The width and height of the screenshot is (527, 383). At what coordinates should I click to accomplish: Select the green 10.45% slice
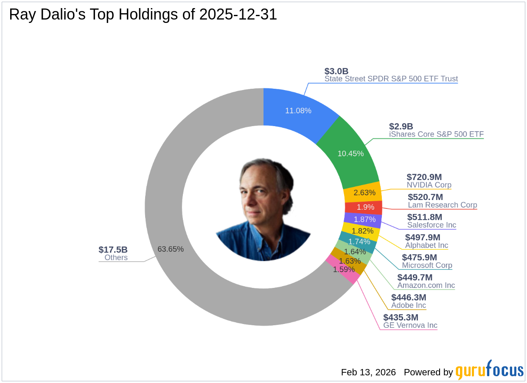pyautogui.click(x=350, y=153)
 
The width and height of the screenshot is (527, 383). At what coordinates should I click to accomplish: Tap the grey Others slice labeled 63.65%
pyautogui.click(x=171, y=249)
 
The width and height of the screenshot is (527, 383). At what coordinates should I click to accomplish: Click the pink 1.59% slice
pyautogui.click(x=344, y=269)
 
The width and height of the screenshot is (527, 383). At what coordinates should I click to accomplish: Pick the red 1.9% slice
pyautogui.click(x=365, y=207)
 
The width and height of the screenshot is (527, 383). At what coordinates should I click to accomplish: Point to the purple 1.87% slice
pyautogui.click(x=364, y=220)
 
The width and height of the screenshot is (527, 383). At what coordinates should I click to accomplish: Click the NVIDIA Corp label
pyautogui.click(x=429, y=185)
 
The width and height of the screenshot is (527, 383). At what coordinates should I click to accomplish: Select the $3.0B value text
pyautogui.click(x=336, y=71)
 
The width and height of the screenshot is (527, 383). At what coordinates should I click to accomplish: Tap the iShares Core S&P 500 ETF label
pyautogui.click(x=436, y=134)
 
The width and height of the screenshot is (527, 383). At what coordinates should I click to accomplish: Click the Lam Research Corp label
pyautogui.click(x=442, y=205)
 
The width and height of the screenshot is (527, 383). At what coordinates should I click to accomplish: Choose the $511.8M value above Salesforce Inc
pyautogui.click(x=425, y=217)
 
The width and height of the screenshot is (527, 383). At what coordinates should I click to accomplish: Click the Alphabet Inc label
pyautogui.click(x=426, y=245)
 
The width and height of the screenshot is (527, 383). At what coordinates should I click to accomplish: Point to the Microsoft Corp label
pyautogui.click(x=427, y=265)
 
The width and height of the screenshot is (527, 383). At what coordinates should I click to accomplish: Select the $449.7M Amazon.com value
pyautogui.click(x=415, y=277)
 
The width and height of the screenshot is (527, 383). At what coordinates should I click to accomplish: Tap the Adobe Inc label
pyautogui.click(x=408, y=305)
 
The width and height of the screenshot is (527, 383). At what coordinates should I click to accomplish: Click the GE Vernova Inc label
pyautogui.click(x=410, y=326)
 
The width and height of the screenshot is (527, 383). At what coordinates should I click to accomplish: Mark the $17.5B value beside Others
pyautogui.click(x=113, y=250)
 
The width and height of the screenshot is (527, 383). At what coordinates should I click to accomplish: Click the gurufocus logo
pyautogui.click(x=489, y=370)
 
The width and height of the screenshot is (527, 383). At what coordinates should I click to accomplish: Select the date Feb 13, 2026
pyautogui.click(x=368, y=372)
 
